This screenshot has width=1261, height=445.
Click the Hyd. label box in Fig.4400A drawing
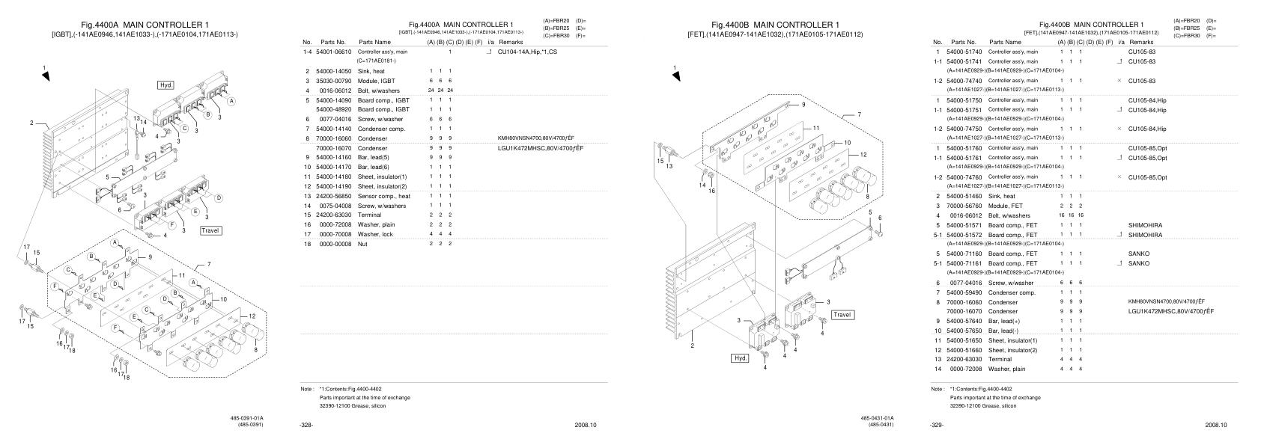click(x=166, y=85)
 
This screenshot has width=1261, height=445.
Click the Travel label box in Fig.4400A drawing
click(x=210, y=230)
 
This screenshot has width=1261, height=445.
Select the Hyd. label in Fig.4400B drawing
click(x=740, y=358)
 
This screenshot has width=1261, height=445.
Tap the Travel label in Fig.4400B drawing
click(x=842, y=315)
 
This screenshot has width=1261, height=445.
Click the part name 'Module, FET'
click(x=1006, y=206)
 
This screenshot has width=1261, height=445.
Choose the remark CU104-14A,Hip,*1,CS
click(x=527, y=52)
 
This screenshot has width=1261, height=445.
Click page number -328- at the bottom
click(x=306, y=425)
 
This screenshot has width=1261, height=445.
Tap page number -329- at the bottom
click(x=937, y=425)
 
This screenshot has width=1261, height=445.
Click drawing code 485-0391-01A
click(x=246, y=418)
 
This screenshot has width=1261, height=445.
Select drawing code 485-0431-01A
click(x=877, y=418)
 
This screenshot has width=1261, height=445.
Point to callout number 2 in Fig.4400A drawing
click(x=32, y=123)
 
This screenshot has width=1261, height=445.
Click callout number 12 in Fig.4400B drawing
click(x=863, y=154)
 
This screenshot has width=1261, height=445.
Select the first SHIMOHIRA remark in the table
click(x=1146, y=225)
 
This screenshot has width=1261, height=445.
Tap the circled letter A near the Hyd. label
click(x=231, y=101)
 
